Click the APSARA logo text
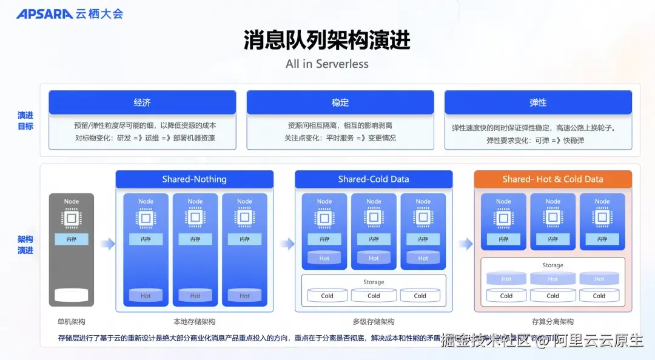point(44,13)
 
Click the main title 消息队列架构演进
point(327,40)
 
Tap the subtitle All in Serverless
point(327,64)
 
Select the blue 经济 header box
point(142,102)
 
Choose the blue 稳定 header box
point(340,102)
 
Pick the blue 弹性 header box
point(538,102)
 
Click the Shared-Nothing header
point(194,179)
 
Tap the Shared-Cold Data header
point(374,179)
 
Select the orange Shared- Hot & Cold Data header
point(553,179)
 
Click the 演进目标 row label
point(25,121)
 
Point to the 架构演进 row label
point(25,245)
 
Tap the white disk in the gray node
point(71,295)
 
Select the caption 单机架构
point(71,322)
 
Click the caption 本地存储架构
point(194,322)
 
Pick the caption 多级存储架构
point(374,322)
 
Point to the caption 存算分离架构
point(553,322)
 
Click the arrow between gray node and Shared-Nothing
point(107,244)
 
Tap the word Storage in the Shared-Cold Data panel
point(374,282)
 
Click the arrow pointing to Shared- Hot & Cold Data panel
point(465,244)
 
